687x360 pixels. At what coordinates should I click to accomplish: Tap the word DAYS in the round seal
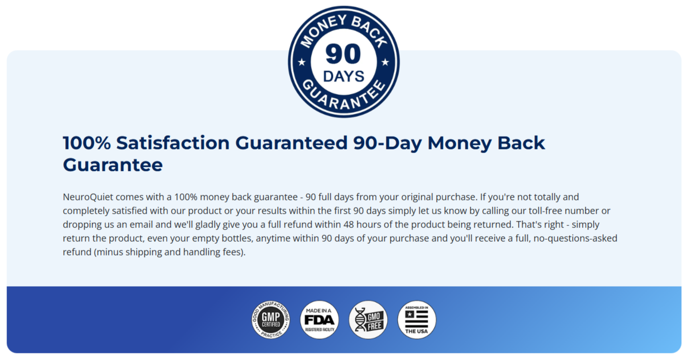coord(343,76)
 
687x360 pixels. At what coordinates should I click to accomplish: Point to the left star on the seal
coord(301,62)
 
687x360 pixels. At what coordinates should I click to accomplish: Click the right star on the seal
coord(385,62)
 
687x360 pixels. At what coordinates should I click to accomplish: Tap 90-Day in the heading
coord(388,143)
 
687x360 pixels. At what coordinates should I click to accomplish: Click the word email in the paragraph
coord(137,224)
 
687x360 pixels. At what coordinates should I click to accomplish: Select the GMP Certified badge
coord(271,320)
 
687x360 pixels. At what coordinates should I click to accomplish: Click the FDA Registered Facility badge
coord(319,320)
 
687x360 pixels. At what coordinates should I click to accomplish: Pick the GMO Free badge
coord(368,320)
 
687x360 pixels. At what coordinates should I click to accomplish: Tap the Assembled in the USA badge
coord(417,320)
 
